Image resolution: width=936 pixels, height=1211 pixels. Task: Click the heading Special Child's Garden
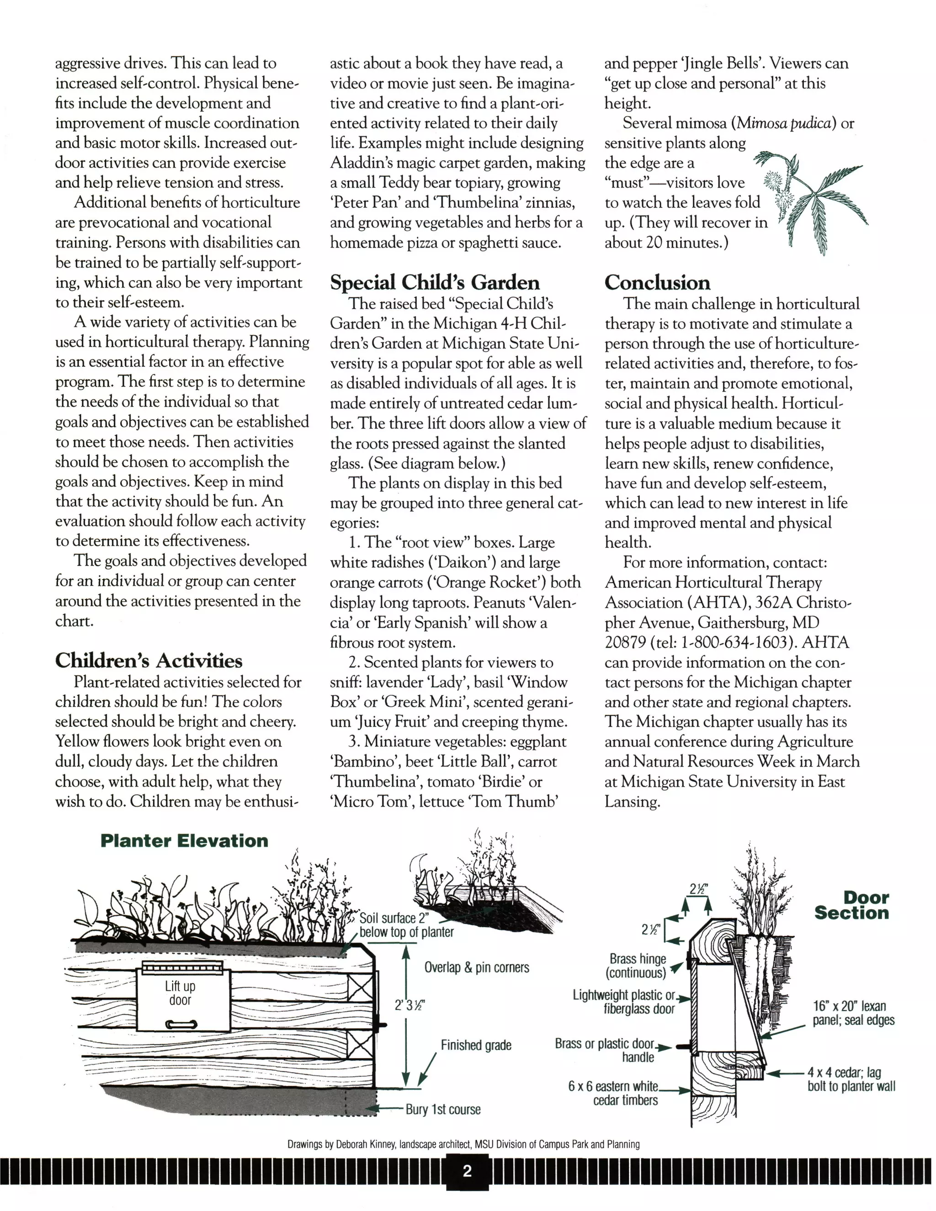[x=435, y=282]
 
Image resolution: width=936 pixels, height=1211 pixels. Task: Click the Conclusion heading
[x=657, y=282]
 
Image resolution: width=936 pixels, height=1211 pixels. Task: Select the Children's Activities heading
[x=149, y=661]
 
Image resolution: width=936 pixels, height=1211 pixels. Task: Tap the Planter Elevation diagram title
[x=184, y=841]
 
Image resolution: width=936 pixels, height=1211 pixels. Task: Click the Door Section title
[x=851, y=905]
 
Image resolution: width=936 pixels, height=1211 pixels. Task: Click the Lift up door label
[x=181, y=993]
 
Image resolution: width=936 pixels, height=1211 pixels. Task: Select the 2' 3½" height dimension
[x=409, y=1005]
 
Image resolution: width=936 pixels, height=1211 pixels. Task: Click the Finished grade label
[x=475, y=1045]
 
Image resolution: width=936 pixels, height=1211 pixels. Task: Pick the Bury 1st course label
[x=443, y=1109]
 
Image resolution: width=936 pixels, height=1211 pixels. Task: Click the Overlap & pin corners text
[x=476, y=968]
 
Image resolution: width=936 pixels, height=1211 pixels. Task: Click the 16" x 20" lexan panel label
[x=853, y=1013]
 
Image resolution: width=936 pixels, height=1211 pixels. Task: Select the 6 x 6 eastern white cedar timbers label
[x=612, y=1093]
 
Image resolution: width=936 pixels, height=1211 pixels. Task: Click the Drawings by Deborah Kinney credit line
[x=463, y=1144]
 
